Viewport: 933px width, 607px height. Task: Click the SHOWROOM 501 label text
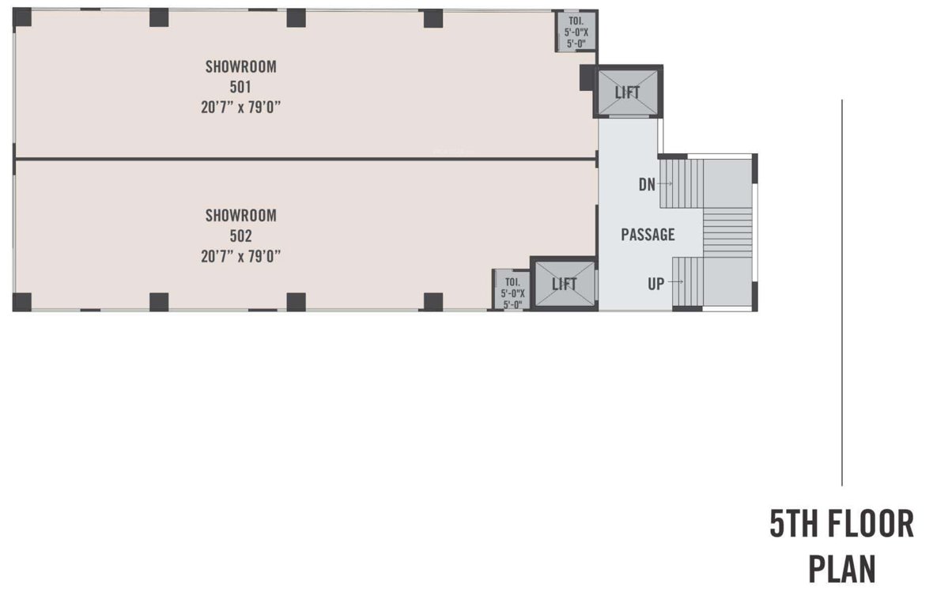point(240,76)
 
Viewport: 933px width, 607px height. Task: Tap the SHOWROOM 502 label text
point(240,224)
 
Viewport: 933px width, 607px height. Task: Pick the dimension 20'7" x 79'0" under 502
point(240,255)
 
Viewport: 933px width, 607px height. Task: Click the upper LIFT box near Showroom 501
point(628,92)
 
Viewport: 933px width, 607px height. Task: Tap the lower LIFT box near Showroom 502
point(563,284)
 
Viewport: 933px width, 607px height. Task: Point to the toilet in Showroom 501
point(576,32)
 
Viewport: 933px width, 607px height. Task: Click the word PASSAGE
point(648,235)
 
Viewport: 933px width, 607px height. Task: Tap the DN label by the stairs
point(647,184)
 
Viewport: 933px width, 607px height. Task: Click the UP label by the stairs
point(656,283)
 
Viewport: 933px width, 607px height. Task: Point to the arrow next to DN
point(665,184)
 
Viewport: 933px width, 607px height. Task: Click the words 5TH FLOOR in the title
point(841,524)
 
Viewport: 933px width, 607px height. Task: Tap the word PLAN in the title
point(841,569)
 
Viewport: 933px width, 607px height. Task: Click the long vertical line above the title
point(842,292)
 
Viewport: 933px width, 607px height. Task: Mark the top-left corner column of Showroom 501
point(22,17)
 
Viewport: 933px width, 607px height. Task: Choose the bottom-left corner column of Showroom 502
point(22,301)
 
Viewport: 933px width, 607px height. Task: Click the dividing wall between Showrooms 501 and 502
point(305,159)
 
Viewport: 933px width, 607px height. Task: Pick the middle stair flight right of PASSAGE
point(727,232)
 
